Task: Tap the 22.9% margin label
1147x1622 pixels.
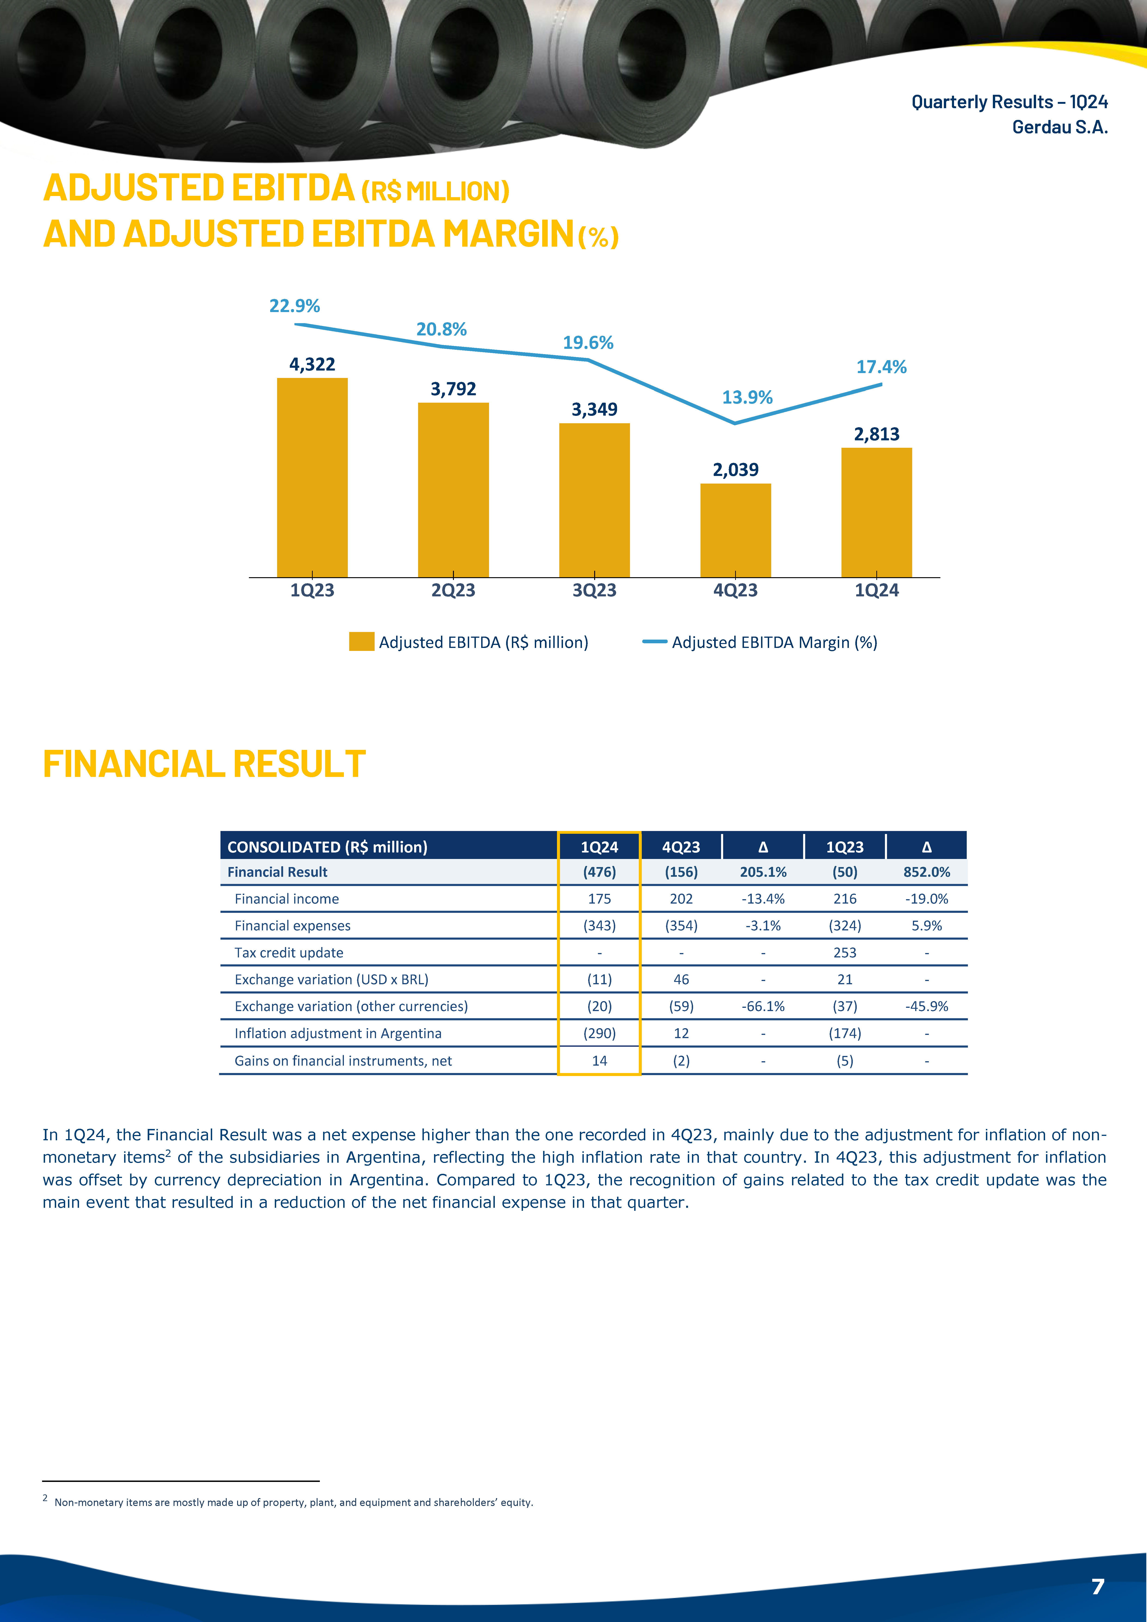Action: pos(294,306)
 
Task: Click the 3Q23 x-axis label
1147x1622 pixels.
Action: pos(594,591)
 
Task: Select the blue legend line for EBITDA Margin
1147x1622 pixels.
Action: pos(655,642)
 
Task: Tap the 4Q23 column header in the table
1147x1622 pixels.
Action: pos(681,847)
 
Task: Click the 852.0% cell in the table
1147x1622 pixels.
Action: pos(927,872)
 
